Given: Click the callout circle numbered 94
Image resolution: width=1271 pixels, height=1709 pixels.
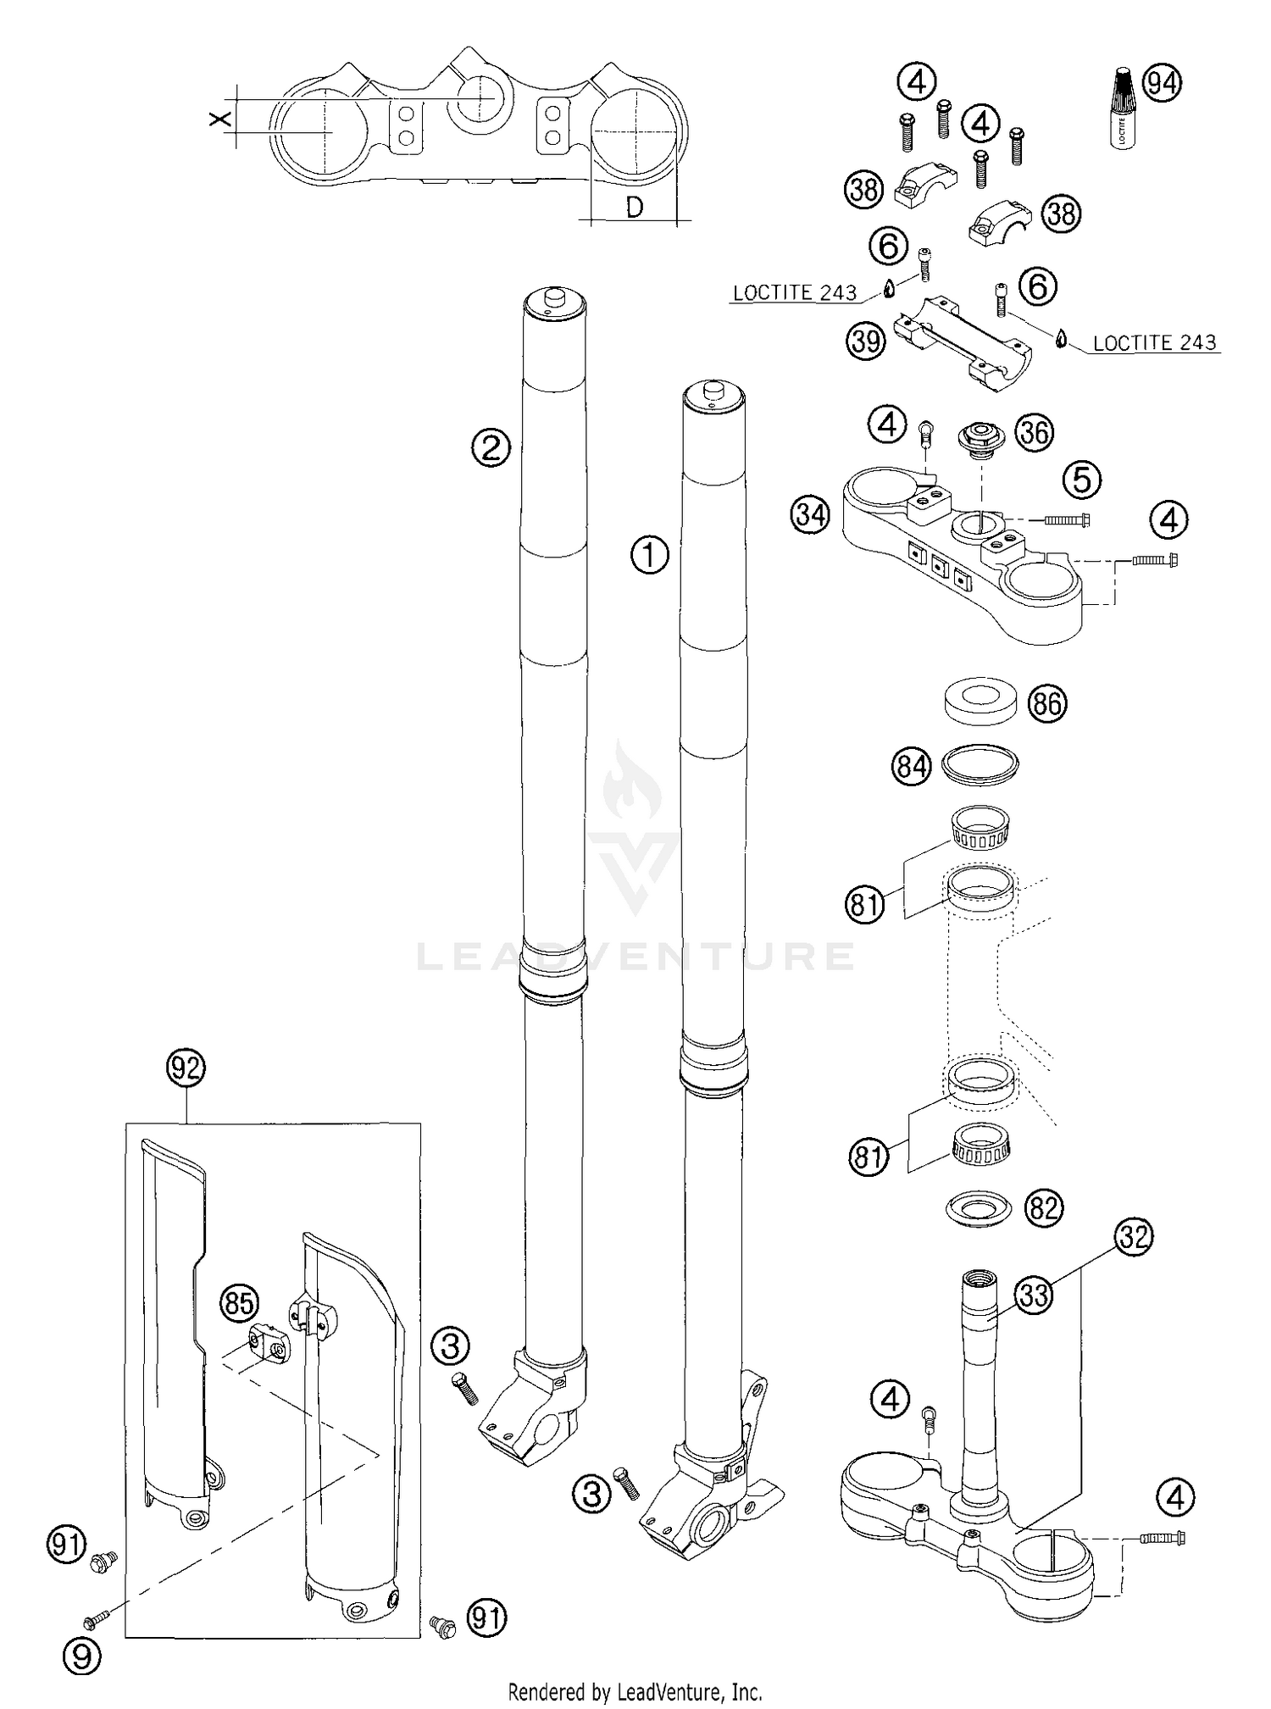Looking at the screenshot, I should click(x=1163, y=83).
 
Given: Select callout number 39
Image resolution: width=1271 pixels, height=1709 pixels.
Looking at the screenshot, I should click(x=864, y=341).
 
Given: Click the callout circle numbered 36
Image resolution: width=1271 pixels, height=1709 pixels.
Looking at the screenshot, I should click(x=1035, y=432).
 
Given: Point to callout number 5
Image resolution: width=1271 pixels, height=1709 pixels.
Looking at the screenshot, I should click(x=1082, y=480).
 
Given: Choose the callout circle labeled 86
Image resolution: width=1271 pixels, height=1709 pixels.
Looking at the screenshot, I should click(x=1047, y=704).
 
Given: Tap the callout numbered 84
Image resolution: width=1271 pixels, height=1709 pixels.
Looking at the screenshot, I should click(x=911, y=767).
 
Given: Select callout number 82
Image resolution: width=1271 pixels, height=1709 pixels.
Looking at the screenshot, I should click(x=1043, y=1207).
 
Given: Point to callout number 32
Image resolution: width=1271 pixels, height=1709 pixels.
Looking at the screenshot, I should click(x=1134, y=1238).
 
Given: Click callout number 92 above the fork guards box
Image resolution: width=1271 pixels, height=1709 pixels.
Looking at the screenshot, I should click(x=186, y=1068).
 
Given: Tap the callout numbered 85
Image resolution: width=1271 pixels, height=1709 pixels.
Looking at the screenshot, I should click(x=240, y=1302).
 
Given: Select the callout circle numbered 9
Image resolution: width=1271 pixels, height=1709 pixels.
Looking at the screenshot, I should click(x=81, y=1656).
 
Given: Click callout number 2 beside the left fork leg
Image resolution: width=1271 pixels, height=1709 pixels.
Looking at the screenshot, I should click(x=491, y=447).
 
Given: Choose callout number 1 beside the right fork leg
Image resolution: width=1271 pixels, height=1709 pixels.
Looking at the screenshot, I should click(x=650, y=556).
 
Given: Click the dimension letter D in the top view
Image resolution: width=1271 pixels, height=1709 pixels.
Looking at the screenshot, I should click(x=634, y=208).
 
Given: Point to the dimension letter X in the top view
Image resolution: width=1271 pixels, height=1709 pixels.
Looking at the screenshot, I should click(x=220, y=119).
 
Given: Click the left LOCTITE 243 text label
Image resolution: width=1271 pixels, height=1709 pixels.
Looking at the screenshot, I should click(x=795, y=293).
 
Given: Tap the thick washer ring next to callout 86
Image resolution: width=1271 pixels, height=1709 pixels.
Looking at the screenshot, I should click(x=980, y=700).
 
